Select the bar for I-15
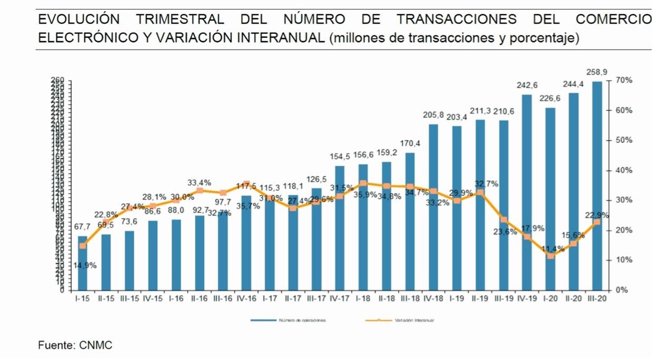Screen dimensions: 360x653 point(83,263)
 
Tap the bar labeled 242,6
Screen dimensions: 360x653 point(527,192)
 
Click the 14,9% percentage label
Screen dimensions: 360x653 point(85,266)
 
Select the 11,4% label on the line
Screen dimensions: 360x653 point(551,248)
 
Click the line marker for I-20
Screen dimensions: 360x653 point(550,256)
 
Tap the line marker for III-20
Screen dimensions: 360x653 point(597,222)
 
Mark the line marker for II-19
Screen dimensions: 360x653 point(480,193)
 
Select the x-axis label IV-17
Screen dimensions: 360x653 point(340,298)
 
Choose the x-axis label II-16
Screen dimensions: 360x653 point(200,298)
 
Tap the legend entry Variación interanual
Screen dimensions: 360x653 point(413,319)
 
